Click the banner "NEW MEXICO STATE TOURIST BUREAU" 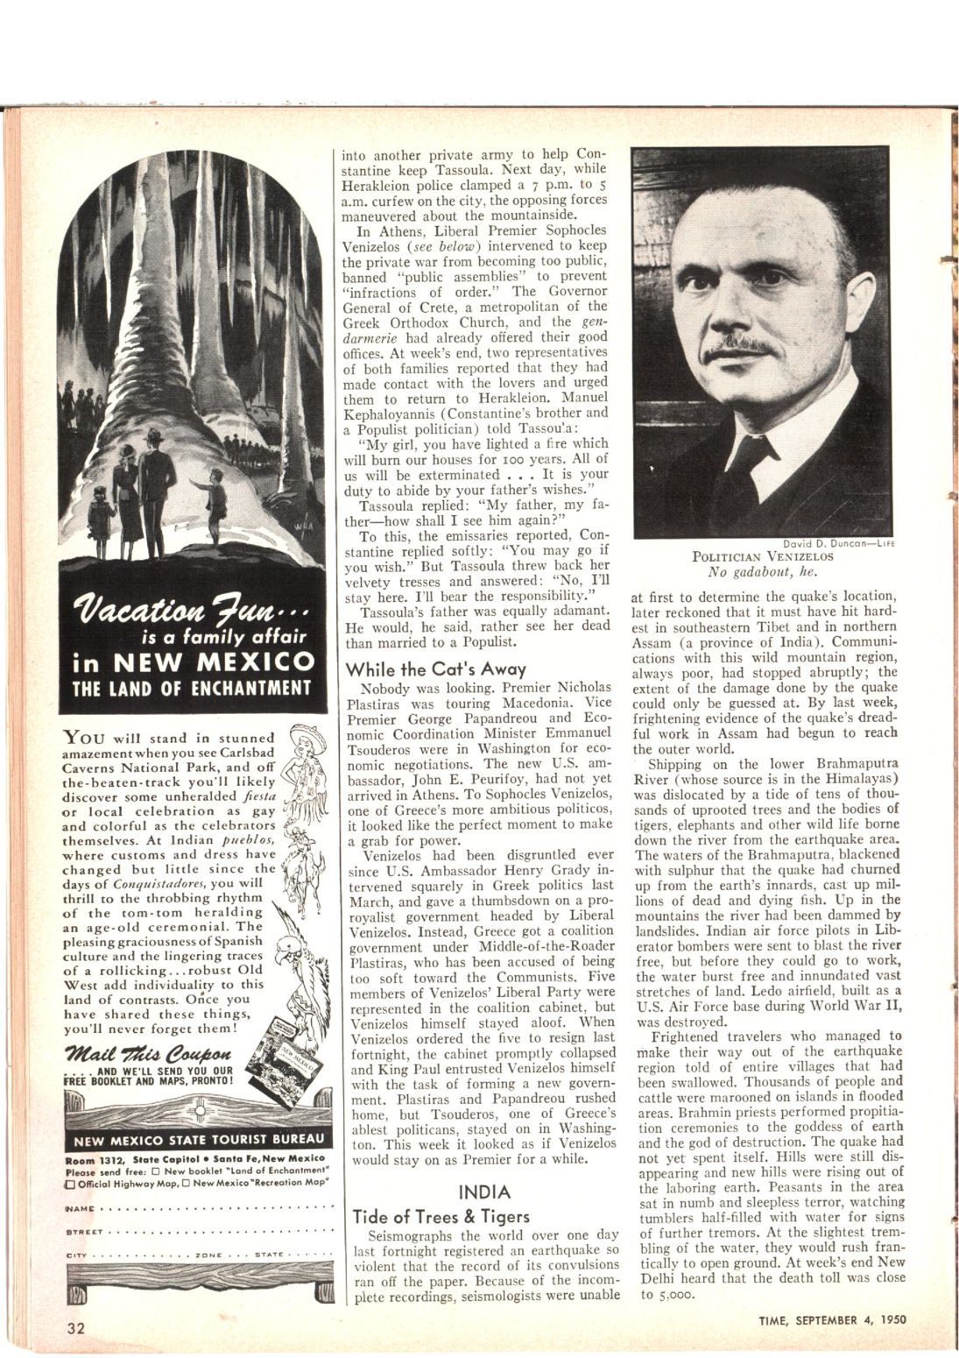click(201, 1140)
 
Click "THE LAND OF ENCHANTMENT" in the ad click(191, 686)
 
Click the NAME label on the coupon click(80, 1207)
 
